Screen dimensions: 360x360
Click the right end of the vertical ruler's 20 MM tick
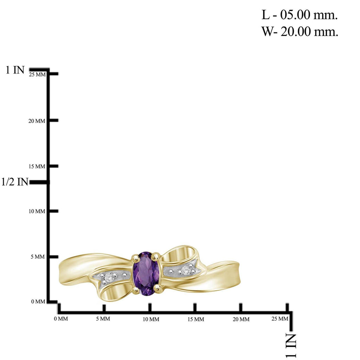tap(58, 120)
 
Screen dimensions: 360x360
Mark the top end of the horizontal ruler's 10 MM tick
tap(150, 303)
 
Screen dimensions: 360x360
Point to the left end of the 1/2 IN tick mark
tap(30, 182)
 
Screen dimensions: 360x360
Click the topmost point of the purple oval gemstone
tap(146, 252)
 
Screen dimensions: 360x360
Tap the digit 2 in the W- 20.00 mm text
tap(284, 31)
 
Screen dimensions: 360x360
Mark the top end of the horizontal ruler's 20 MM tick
tap(241, 303)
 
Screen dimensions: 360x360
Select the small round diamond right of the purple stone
tap(186, 270)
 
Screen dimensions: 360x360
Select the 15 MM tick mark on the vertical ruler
tap(53, 166)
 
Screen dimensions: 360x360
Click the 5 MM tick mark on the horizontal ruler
tap(104, 308)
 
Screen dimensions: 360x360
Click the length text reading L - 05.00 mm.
tap(300, 15)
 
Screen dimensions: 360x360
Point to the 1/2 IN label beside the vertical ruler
tap(15, 182)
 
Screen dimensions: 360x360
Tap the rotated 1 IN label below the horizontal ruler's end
tap(291, 346)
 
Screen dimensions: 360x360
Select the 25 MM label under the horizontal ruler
tap(279, 319)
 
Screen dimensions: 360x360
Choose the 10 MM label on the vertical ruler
tap(37, 211)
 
